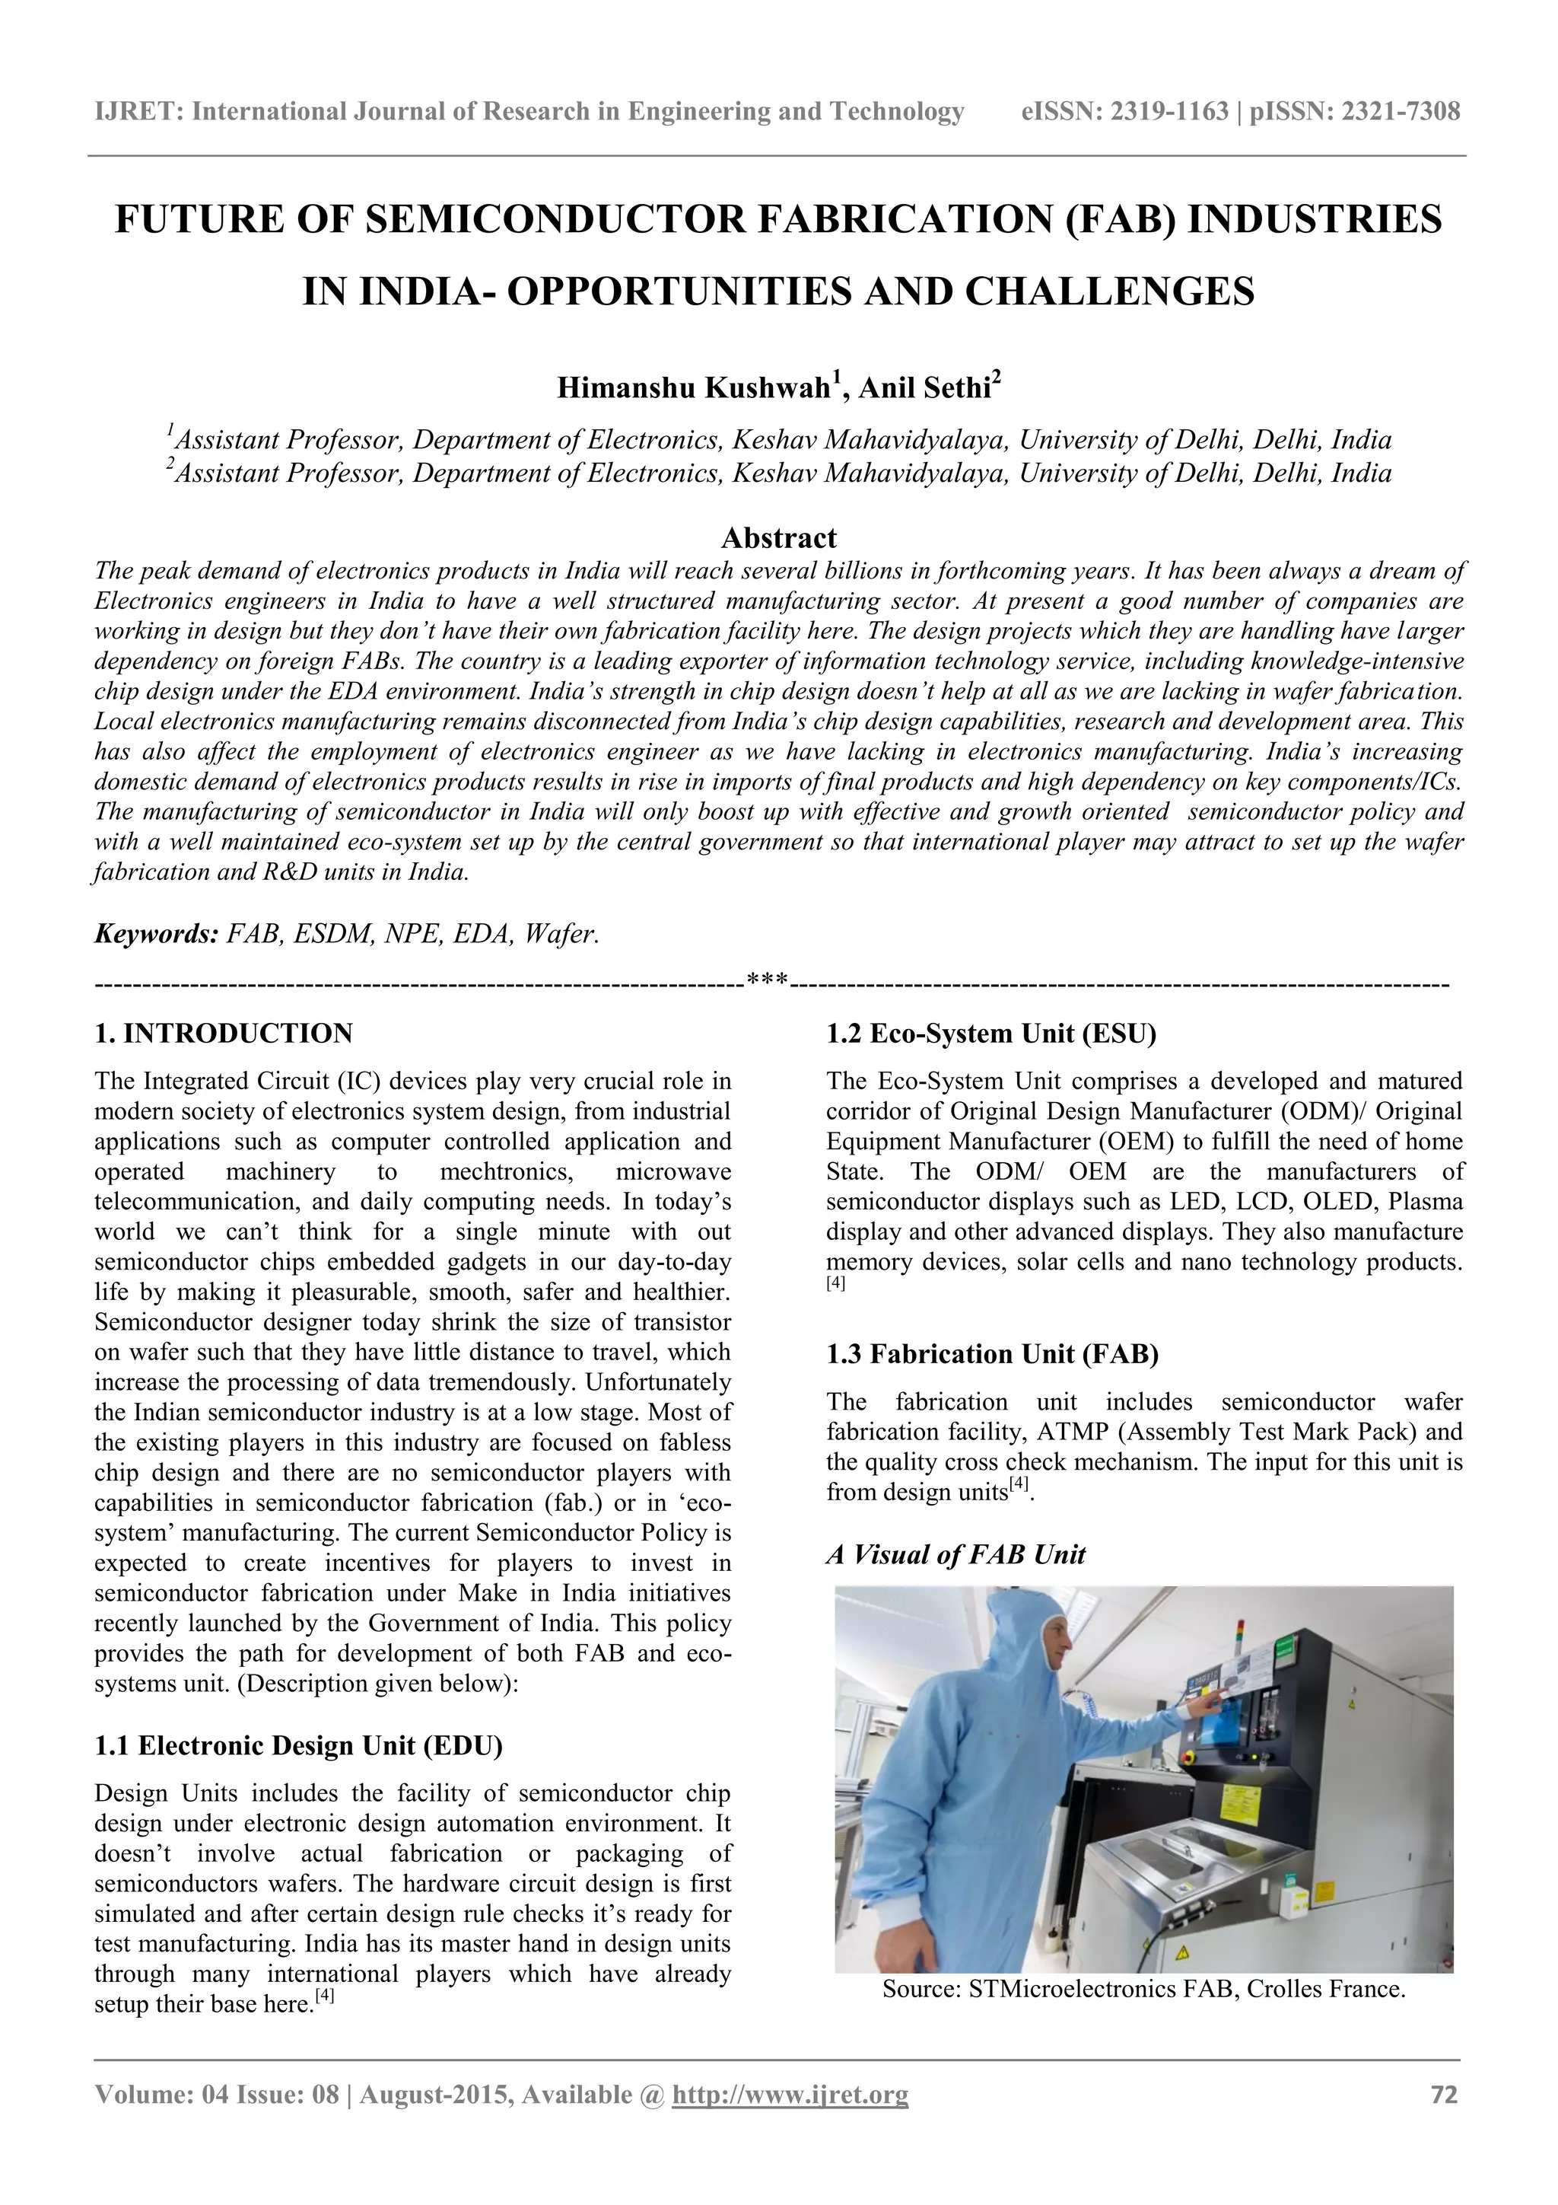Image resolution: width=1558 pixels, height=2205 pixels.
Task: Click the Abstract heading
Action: click(778, 538)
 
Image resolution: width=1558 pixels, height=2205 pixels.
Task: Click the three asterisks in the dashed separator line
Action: click(767, 982)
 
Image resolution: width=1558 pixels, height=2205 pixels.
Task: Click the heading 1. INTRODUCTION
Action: click(224, 1034)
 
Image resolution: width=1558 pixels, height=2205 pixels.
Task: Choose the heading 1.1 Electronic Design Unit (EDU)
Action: click(298, 1745)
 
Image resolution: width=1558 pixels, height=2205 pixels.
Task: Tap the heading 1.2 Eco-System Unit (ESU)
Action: click(990, 1034)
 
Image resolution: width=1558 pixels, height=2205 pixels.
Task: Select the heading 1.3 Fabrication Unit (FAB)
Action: click(992, 1354)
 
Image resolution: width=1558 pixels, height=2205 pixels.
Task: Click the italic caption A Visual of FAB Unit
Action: click(955, 1555)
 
